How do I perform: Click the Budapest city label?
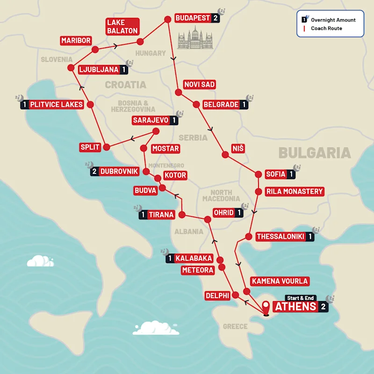[192, 18]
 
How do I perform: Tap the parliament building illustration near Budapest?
[195, 38]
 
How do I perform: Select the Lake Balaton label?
[122, 27]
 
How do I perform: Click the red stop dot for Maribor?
[95, 50]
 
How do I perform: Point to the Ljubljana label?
[99, 70]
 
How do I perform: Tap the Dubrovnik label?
[119, 171]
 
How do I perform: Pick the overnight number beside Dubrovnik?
[94, 171]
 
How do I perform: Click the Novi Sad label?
[200, 84]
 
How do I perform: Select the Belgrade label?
[221, 105]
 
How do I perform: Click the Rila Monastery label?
[294, 191]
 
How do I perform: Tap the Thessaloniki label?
[280, 237]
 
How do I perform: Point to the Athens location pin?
[266, 307]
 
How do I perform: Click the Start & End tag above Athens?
[300, 298]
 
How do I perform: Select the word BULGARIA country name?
[314, 153]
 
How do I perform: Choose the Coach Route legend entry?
[326, 29]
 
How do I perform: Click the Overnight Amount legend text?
[333, 20]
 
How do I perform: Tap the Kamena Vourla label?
[280, 281]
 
